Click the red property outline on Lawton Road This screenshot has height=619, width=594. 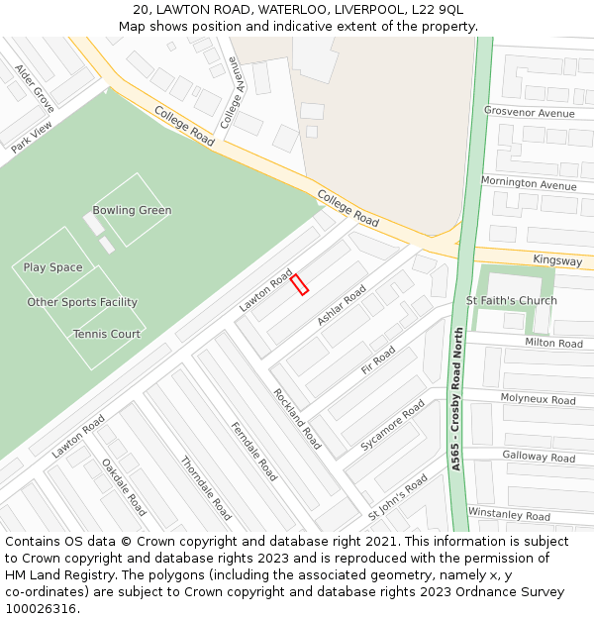(300, 284)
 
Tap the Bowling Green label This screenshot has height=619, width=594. (132, 210)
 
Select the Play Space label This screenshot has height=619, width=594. (52, 267)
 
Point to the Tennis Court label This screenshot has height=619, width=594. (106, 334)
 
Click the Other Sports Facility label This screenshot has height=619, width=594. (82, 302)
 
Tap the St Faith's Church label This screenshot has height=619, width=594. (511, 300)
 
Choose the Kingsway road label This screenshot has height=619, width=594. (557, 260)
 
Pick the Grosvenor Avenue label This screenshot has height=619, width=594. (529, 113)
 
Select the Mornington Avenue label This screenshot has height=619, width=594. (528, 183)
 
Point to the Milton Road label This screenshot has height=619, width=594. (553, 344)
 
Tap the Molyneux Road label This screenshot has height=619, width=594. (538, 399)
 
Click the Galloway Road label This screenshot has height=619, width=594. (539, 457)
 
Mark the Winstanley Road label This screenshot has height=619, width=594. (509, 515)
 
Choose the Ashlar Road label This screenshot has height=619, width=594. (342, 306)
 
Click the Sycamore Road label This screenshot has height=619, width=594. (392, 426)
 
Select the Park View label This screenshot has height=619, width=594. (32, 138)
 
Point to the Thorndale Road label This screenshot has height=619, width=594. (205, 487)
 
